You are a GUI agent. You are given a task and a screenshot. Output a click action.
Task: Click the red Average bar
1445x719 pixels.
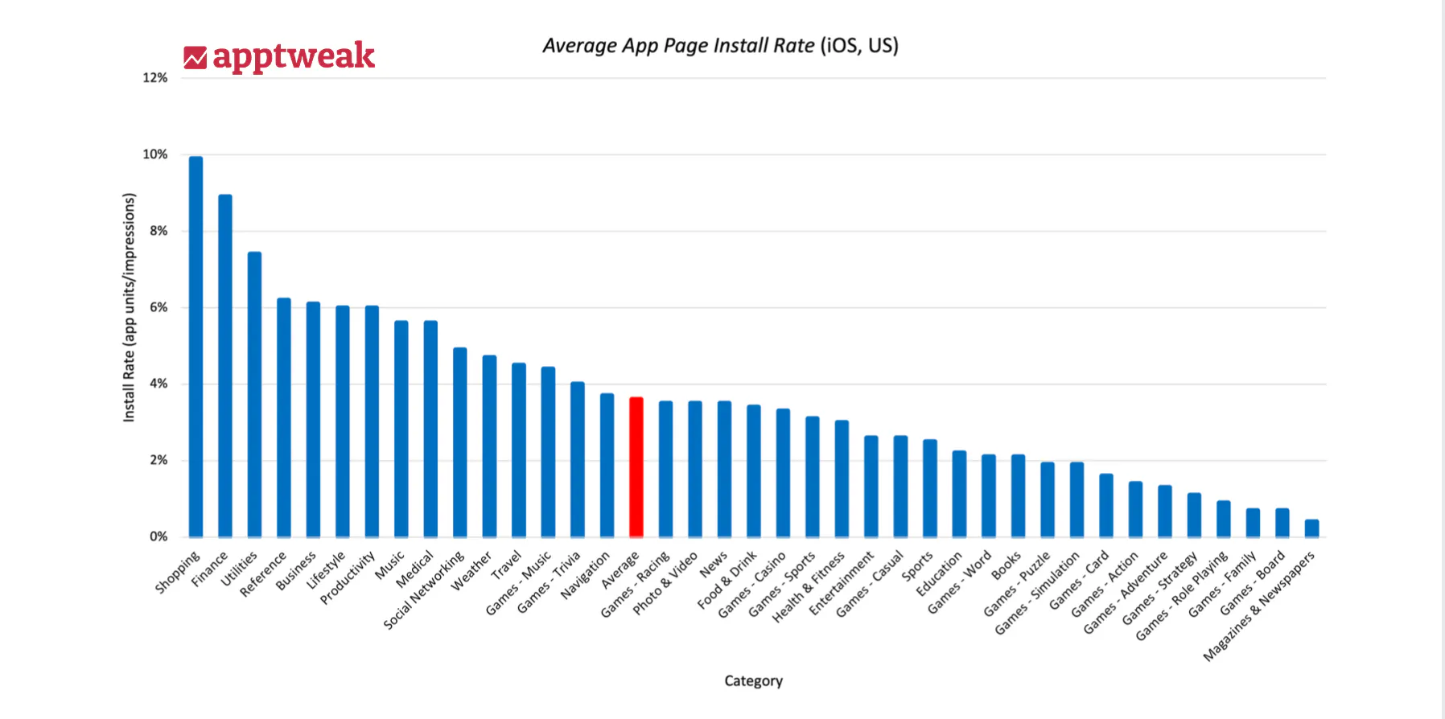point(636,466)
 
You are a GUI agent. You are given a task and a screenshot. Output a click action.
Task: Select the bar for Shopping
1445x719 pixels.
point(196,346)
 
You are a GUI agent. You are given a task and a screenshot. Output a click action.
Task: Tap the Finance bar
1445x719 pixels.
point(225,366)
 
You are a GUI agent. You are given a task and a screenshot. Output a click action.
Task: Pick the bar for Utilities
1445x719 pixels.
point(254,394)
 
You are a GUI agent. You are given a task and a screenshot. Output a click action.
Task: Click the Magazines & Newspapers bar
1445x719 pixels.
point(1311,528)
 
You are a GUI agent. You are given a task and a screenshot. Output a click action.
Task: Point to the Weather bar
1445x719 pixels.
point(489,446)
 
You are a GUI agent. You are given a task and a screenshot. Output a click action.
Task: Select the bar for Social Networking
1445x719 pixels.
point(459,442)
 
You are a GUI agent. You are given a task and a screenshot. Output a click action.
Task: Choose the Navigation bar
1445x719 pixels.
point(607,465)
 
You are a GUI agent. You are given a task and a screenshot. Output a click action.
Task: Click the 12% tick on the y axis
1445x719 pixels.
point(155,78)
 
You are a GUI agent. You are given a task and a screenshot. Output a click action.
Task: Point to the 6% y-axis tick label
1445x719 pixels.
point(158,307)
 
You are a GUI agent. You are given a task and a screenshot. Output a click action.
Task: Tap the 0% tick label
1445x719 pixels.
point(158,536)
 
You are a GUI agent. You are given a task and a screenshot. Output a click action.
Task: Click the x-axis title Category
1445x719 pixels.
point(753,681)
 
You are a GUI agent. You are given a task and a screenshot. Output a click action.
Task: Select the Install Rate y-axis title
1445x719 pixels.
point(129,307)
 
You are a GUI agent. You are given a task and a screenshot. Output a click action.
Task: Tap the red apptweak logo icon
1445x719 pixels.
point(195,58)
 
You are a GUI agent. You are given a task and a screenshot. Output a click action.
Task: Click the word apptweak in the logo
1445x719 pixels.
point(294,56)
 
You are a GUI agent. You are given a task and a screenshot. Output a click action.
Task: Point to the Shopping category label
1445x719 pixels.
point(178,572)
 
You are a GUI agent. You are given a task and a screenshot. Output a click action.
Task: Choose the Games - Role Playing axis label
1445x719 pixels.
point(1182,595)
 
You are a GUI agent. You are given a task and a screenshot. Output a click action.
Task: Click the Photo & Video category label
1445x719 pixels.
point(665,583)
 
